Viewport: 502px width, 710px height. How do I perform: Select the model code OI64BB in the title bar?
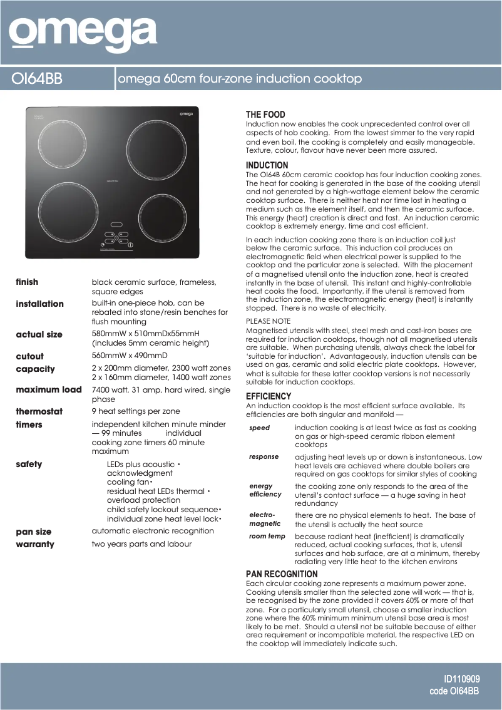tap(38, 79)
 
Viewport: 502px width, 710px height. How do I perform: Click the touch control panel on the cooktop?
tap(118, 237)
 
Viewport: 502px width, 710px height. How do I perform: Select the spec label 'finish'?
tap(27, 282)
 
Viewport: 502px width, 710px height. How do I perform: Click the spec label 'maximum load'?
tap(49, 389)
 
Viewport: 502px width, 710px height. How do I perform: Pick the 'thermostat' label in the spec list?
tap(39, 411)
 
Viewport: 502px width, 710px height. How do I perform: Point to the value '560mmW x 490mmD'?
tap(130, 356)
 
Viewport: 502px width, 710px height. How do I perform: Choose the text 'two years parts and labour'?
tap(141, 543)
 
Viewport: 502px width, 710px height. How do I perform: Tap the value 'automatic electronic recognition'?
tap(153, 530)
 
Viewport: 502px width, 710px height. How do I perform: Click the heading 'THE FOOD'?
tap(265, 115)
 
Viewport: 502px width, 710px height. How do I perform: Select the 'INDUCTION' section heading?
tap(267, 165)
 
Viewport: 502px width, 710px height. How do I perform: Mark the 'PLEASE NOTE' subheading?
tap(268, 321)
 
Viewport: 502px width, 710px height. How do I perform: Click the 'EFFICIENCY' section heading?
tap(269, 396)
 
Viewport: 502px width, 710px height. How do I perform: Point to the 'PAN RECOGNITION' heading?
tap(282, 574)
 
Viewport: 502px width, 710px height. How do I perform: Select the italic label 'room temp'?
tap(267, 537)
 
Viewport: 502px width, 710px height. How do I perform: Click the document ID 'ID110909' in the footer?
tap(461, 679)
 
